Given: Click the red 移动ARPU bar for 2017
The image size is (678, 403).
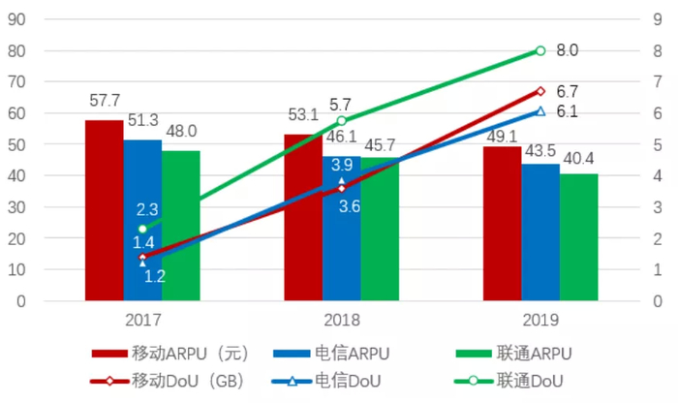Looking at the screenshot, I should tap(104, 210).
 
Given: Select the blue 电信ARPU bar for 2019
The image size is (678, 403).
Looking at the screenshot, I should tap(540, 232).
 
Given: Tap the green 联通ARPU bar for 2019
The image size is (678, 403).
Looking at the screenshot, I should tap(578, 237).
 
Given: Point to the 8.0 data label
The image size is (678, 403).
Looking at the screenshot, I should tap(568, 50).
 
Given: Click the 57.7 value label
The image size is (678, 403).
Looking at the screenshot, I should tap(104, 100).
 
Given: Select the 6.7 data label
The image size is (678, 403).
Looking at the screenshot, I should tap(568, 90).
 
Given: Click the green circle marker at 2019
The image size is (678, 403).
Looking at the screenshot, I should tap(540, 50).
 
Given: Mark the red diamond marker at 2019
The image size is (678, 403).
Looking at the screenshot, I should tap(540, 91).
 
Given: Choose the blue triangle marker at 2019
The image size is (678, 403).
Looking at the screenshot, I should tap(540, 110).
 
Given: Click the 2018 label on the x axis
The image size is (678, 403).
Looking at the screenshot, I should tap(341, 319).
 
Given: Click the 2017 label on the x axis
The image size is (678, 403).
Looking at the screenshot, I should tap(142, 319).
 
